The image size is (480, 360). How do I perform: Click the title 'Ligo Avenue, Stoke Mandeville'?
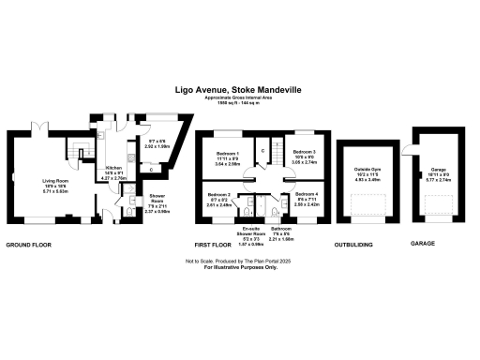coord(239,90)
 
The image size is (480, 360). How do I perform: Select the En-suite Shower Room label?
coord(250,233)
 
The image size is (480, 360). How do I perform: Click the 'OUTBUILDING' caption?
coord(355,244)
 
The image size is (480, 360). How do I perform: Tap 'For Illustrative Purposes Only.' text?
coord(239,268)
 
